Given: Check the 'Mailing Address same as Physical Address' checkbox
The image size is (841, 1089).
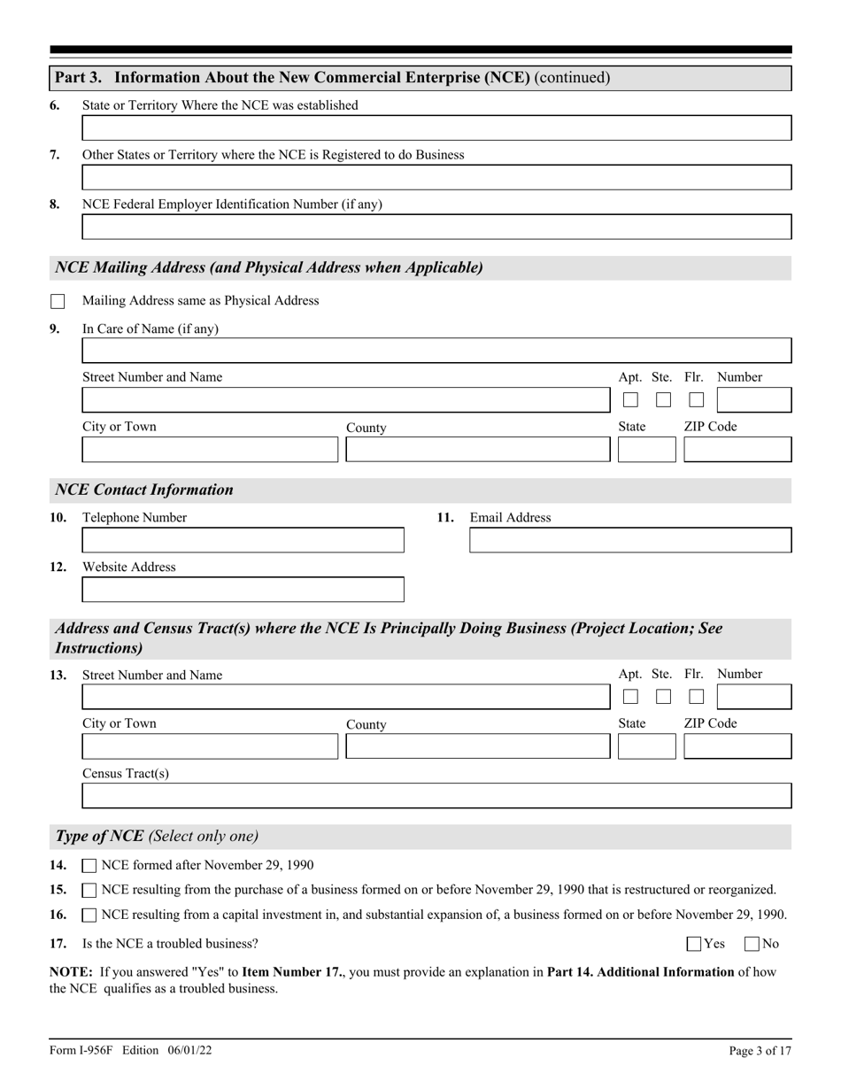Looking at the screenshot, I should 58,301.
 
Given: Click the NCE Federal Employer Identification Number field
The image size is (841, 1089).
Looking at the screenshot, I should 436,227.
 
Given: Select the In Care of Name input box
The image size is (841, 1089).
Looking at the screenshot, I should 436,351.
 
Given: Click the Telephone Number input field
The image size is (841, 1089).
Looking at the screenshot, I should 243,540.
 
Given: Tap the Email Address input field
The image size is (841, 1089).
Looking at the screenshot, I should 629,540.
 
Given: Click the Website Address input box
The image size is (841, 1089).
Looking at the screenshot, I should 243,590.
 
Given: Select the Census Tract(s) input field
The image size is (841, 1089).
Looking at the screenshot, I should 436,796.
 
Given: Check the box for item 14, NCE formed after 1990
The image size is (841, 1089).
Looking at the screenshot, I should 89,866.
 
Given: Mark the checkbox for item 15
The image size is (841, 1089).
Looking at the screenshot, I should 89,890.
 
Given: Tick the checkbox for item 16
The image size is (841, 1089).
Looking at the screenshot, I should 89,915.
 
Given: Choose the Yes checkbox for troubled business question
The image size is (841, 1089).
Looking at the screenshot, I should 694,944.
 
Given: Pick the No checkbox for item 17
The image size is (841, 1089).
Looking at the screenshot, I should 752,944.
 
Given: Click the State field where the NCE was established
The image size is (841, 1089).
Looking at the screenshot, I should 436,128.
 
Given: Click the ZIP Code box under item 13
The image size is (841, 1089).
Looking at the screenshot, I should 737,746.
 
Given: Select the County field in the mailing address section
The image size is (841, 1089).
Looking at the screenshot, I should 477,450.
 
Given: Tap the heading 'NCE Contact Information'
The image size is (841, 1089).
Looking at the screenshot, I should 144,490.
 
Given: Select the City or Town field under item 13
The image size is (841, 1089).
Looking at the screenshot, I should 210,746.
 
